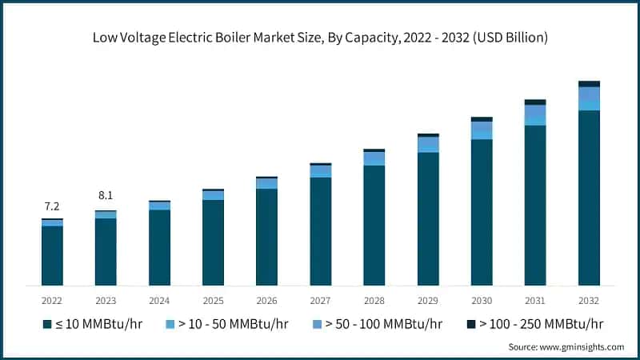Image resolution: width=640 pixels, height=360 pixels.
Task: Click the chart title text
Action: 319,38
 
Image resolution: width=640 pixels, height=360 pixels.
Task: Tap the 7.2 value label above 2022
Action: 52,206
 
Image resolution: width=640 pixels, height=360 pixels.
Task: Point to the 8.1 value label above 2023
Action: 106,195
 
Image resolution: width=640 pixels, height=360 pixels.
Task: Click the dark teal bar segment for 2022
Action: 52,255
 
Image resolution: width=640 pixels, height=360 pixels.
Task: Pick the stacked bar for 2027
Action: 320,225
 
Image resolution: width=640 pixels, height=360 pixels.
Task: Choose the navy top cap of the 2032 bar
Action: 589,84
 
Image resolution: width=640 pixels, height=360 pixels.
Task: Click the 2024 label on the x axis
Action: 159,301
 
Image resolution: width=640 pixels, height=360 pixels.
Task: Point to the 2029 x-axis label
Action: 428,301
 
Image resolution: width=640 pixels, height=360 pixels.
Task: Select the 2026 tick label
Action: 266,301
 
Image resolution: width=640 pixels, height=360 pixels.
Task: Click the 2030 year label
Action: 482,301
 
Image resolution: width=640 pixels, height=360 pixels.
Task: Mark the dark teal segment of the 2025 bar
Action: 213,242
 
